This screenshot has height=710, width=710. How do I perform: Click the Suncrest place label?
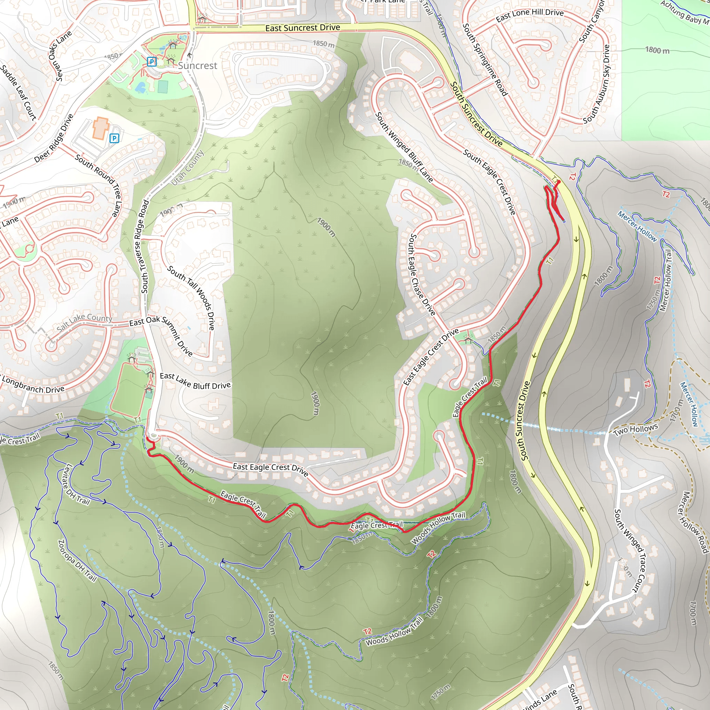click(x=197, y=66)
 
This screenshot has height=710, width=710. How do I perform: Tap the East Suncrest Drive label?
click(x=302, y=28)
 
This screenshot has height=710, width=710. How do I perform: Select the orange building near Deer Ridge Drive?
click(x=100, y=128)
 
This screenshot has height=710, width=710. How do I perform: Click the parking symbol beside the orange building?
click(x=114, y=139)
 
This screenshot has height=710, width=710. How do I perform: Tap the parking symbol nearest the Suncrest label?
click(x=151, y=61)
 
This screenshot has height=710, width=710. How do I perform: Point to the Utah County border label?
click(x=188, y=168)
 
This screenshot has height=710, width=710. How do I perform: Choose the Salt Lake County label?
click(x=85, y=322)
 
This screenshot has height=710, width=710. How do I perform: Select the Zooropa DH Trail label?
click(x=78, y=561)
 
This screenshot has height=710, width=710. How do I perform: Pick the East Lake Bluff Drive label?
click(x=195, y=381)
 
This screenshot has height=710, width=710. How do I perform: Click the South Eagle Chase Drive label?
click(x=422, y=274)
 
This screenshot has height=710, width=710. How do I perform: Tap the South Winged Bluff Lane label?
click(x=404, y=147)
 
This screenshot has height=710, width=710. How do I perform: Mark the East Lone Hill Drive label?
click(x=530, y=15)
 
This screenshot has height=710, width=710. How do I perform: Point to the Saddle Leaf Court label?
click(x=19, y=93)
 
